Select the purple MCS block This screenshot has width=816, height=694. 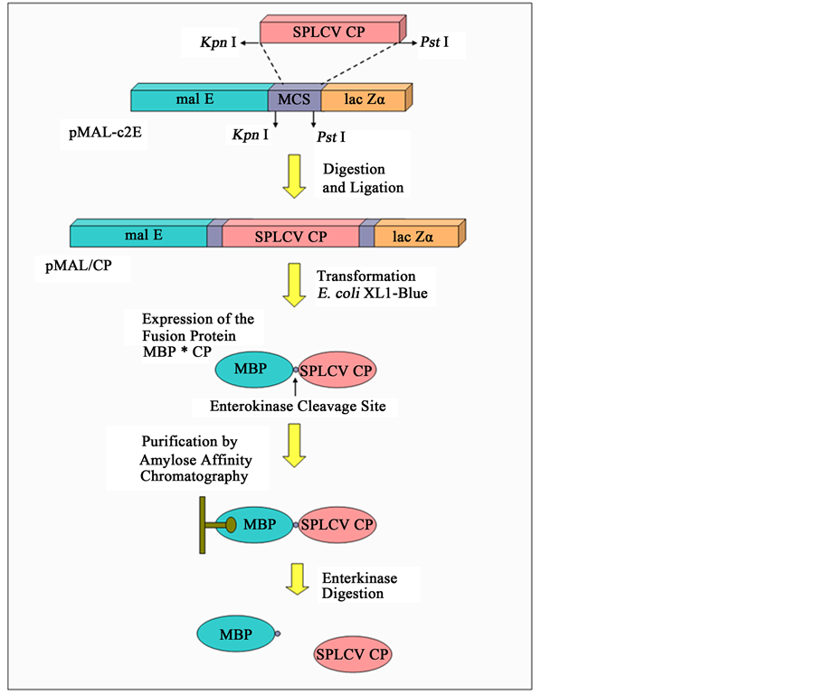pyautogui.click(x=295, y=99)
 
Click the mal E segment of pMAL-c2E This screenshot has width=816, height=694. pyautogui.click(x=198, y=99)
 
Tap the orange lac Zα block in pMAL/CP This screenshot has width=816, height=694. pyautogui.click(x=414, y=237)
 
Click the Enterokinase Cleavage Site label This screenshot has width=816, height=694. pyautogui.click(x=298, y=407)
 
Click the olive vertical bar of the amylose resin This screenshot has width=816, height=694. pyautogui.click(x=203, y=524)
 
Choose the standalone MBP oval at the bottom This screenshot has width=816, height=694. pyautogui.click(x=235, y=633)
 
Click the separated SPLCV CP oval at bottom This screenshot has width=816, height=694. pyautogui.click(x=353, y=653)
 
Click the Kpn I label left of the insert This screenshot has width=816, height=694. pyautogui.click(x=219, y=42)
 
